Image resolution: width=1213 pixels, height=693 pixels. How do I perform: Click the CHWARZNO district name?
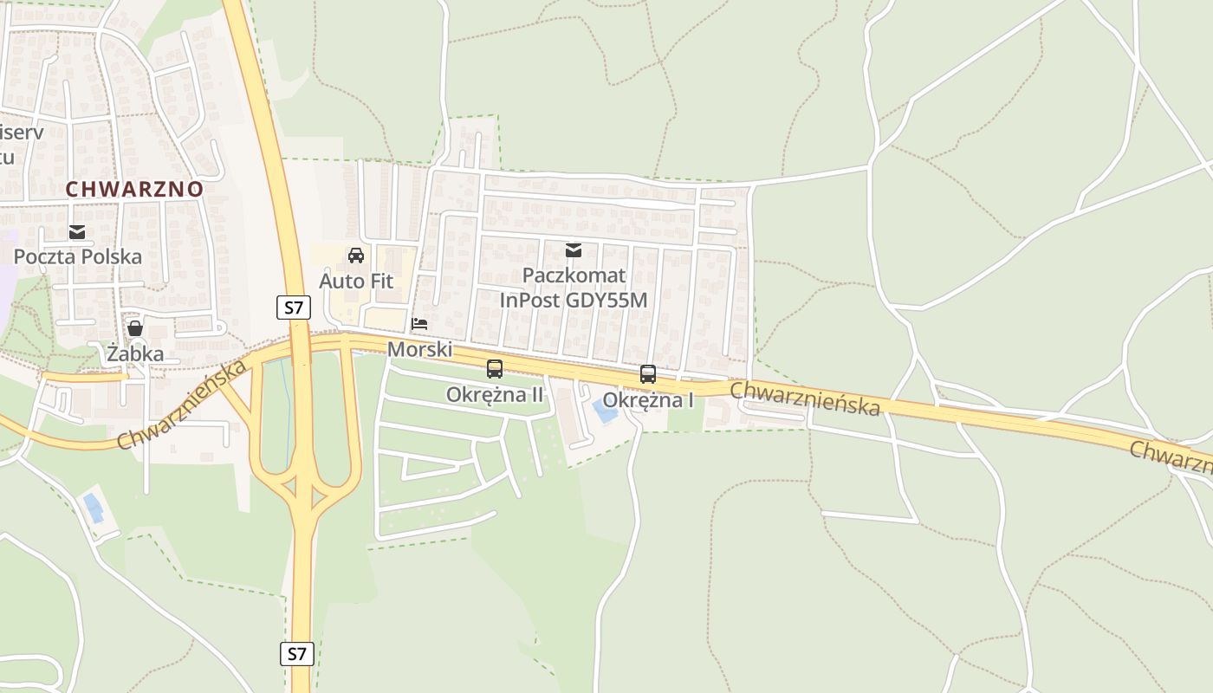[x=134, y=189]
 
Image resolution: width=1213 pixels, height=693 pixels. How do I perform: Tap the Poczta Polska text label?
[x=78, y=256]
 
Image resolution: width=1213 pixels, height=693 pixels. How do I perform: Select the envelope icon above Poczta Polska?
[x=78, y=231]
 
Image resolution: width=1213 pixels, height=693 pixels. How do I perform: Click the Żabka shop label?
[x=135, y=353]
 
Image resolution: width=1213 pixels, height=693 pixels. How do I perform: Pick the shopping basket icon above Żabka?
[x=135, y=328]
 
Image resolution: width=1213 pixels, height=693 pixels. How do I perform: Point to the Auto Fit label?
[x=356, y=281]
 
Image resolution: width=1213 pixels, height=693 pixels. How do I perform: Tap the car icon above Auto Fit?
[x=356, y=256]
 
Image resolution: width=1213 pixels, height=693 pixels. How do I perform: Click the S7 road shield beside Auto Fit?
[x=295, y=307]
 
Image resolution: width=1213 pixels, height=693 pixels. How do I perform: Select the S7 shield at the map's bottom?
[x=296, y=653]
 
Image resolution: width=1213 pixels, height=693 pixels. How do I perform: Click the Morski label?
[x=420, y=349]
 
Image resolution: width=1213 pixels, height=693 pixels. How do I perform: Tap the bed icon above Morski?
[x=420, y=324]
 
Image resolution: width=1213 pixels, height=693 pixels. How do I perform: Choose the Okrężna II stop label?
[x=495, y=394]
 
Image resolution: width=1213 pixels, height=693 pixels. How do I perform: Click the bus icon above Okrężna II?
[x=495, y=369]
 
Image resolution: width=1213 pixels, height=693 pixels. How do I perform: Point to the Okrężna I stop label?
[x=648, y=400]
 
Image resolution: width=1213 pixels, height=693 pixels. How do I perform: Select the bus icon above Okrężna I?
[x=648, y=374]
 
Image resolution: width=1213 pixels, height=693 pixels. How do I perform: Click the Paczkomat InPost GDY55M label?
[x=574, y=288]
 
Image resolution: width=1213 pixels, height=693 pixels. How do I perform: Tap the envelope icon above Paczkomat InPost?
[x=574, y=250]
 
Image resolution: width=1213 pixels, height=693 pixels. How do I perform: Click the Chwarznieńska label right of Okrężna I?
[x=806, y=398]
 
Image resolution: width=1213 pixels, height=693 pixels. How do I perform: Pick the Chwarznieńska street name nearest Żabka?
[x=181, y=405]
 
